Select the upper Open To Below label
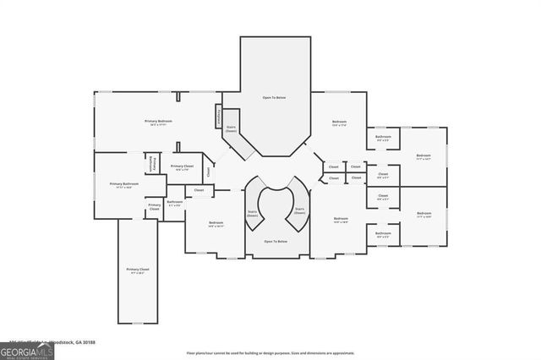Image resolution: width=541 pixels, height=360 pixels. (x=274, y=98)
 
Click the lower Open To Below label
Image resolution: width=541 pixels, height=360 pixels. (x=274, y=241)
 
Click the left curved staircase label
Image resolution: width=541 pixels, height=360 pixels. (x=253, y=213)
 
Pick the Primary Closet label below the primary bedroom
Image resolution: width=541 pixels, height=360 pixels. (x=182, y=167)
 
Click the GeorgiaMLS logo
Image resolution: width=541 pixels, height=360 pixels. (x=27, y=350)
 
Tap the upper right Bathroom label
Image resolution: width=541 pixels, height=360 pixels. (x=383, y=138)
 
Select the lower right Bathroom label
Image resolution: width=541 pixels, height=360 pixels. (x=383, y=234)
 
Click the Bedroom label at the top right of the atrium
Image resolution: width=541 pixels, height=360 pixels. (x=339, y=124)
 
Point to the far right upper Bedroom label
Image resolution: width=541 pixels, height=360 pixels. (x=424, y=156)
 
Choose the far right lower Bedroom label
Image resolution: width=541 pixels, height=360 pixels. (x=424, y=215)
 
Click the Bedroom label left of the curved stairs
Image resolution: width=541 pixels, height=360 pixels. (x=216, y=224)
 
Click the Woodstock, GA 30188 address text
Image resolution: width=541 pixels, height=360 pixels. (x=72, y=342)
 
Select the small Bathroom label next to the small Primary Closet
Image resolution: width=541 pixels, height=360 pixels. (x=175, y=203)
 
